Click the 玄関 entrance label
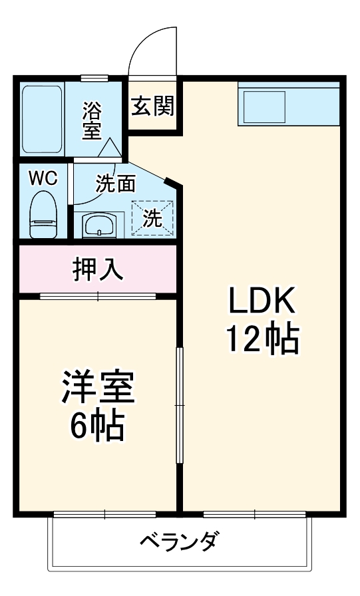[x=152, y=106]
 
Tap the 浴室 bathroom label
[x=92, y=120]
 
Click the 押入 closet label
[x=97, y=269]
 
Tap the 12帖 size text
[x=262, y=339]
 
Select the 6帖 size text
[x=98, y=426]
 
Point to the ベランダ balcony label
[x=178, y=542]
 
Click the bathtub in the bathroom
[x=42, y=118]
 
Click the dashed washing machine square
[x=153, y=218]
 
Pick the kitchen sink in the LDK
[x=264, y=105]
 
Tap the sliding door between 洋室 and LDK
[x=179, y=405]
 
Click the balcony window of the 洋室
[x=104, y=514]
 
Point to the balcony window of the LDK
[x=254, y=514]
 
